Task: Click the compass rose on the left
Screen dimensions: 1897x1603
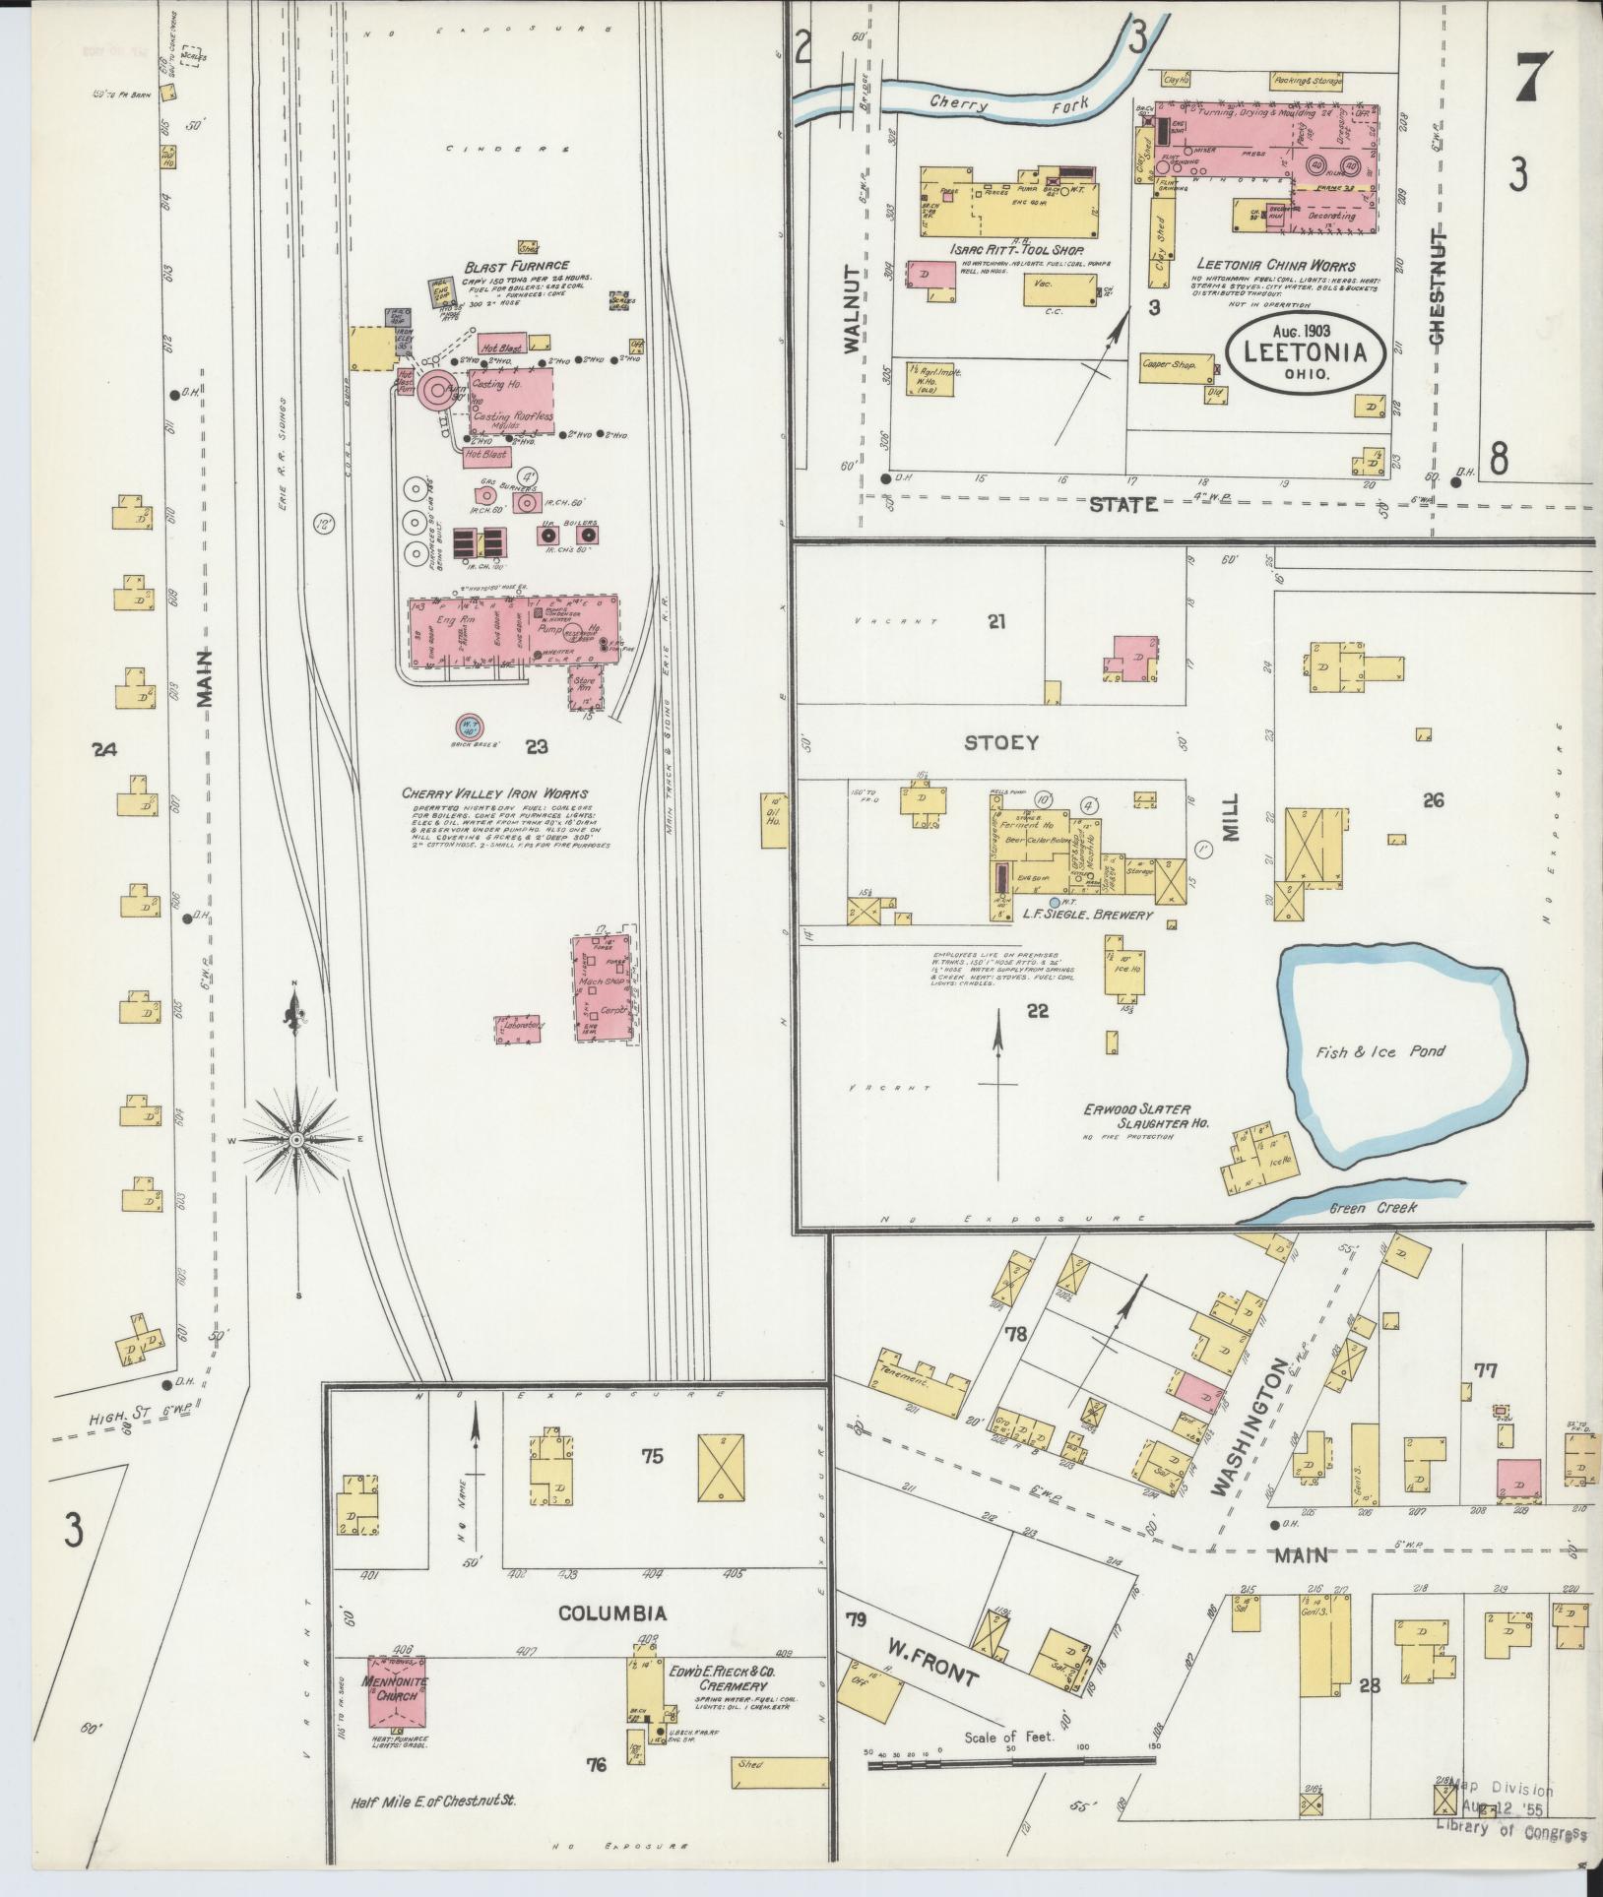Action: pyautogui.click(x=295, y=1139)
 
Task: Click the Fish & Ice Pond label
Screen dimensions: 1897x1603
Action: pyautogui.click(x=1380, y=1051)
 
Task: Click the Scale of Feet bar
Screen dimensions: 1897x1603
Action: pyautogui.click(x=1011, y=1765)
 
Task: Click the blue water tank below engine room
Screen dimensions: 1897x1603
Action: pyautogui.click(x=470, y=727)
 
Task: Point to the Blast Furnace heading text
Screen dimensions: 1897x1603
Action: pyautogui.click(x=517, y=266)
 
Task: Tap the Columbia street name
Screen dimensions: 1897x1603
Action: pyautogui.click(x=612, y=1613)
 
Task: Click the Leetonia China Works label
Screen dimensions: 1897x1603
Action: pyautogui.click(x=1275, y=265)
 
